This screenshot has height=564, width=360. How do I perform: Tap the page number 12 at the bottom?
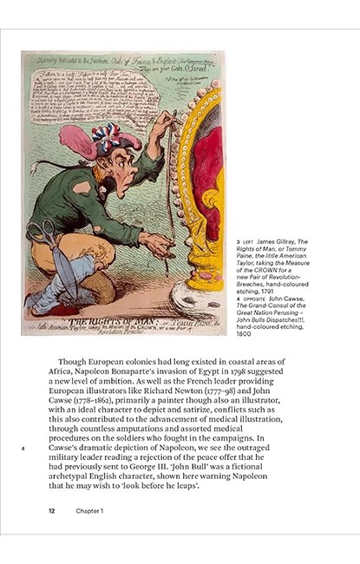[x=53, y=511]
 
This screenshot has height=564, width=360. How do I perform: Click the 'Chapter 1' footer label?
[x=89, y=511]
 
